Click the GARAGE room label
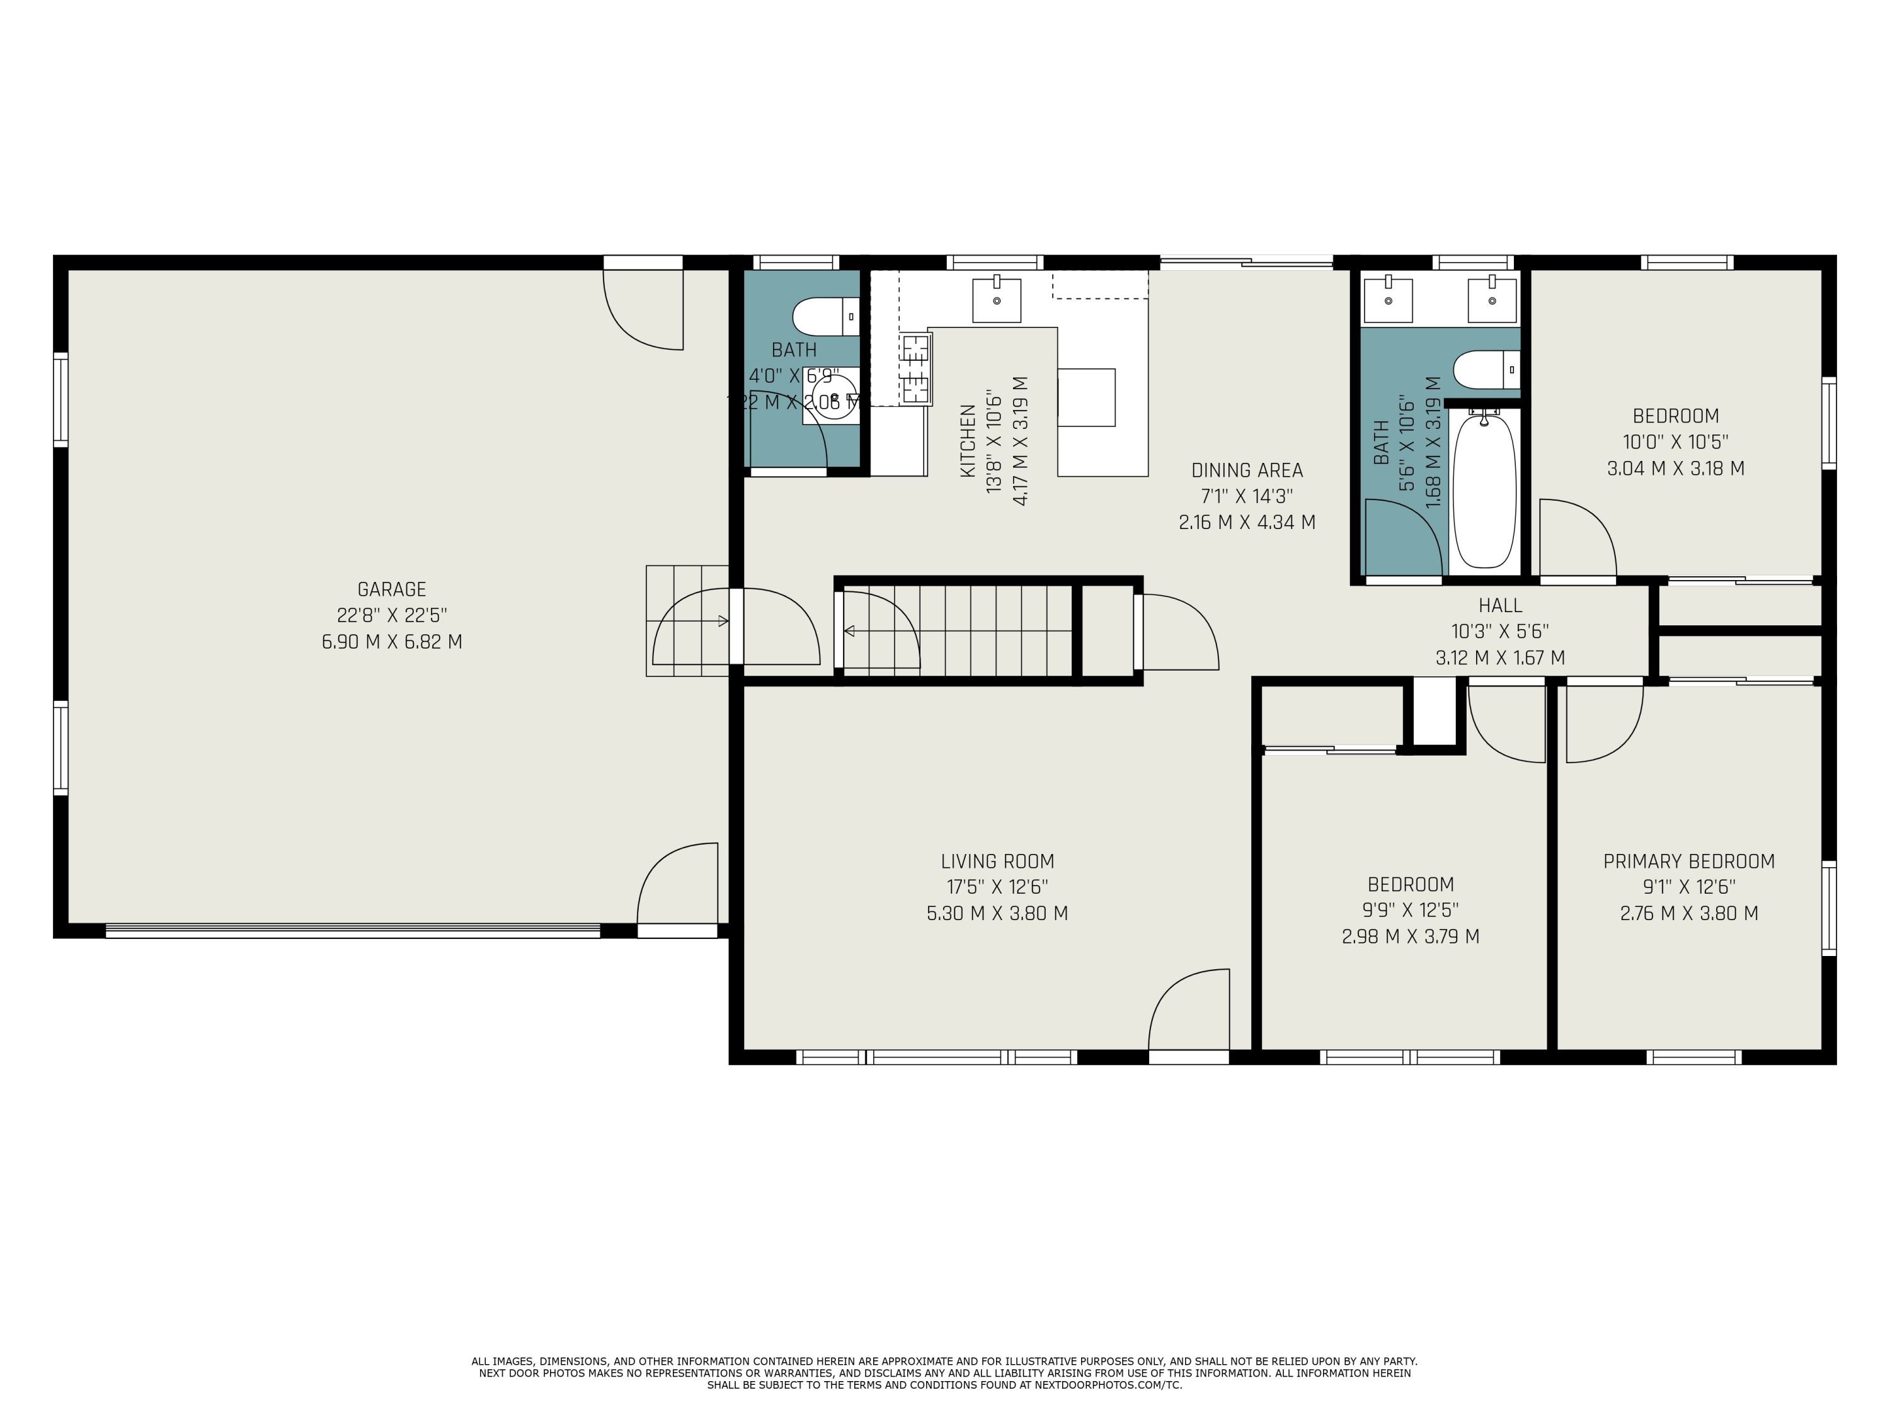(391, 589)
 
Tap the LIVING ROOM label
(997, 861)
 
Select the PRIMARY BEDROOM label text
(1688, 861)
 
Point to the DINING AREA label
(1247, 470)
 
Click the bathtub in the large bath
(1484, 489)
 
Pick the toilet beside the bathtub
(1485, 370)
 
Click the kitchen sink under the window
(996, 300)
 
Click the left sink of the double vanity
(1388, 299)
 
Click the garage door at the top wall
(643, 307)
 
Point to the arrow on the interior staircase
(849, 631)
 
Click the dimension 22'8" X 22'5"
(391, 615)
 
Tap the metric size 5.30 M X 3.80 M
(997, 913)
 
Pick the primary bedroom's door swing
(1604, 722)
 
